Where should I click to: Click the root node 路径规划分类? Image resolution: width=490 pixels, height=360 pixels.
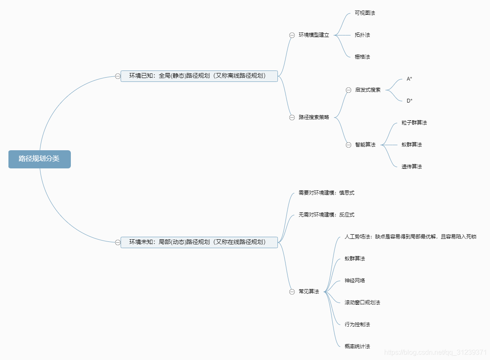click(39, 159)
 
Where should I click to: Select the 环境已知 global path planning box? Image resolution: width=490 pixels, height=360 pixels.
click(199, 76)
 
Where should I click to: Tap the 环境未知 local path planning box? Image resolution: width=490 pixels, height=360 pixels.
click(199, 242)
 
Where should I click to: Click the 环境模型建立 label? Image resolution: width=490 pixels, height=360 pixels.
click(314, 35)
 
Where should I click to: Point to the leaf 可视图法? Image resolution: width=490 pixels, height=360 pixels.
click(365, 13)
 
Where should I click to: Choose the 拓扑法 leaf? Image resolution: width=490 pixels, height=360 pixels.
click(362, 35)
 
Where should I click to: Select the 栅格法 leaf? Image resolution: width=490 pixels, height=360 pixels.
click(362, 57)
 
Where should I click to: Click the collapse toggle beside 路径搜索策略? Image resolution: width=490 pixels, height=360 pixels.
click(292, 117)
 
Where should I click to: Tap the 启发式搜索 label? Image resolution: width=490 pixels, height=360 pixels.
click(368, 90)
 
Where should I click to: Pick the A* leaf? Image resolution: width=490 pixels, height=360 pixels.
click(409, 79)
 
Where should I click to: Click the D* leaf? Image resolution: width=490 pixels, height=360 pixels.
click(409, 101)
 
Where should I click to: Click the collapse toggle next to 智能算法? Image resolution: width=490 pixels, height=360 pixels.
click(348, 145)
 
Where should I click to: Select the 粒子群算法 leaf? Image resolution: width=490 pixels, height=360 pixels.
click(414, 123)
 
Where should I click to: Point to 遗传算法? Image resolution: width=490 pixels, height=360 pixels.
click(412, 167)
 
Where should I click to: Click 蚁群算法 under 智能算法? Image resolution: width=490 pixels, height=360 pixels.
click(412, 145)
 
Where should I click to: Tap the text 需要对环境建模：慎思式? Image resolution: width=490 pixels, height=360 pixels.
click(326, 193)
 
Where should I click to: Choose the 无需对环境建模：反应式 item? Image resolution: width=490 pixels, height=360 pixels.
click(326, 215)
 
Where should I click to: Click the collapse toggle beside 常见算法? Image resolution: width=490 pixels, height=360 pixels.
click(292, 292)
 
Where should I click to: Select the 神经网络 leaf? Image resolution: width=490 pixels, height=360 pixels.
click(355, 281)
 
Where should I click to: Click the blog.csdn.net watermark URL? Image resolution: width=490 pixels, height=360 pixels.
click(436, 352)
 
